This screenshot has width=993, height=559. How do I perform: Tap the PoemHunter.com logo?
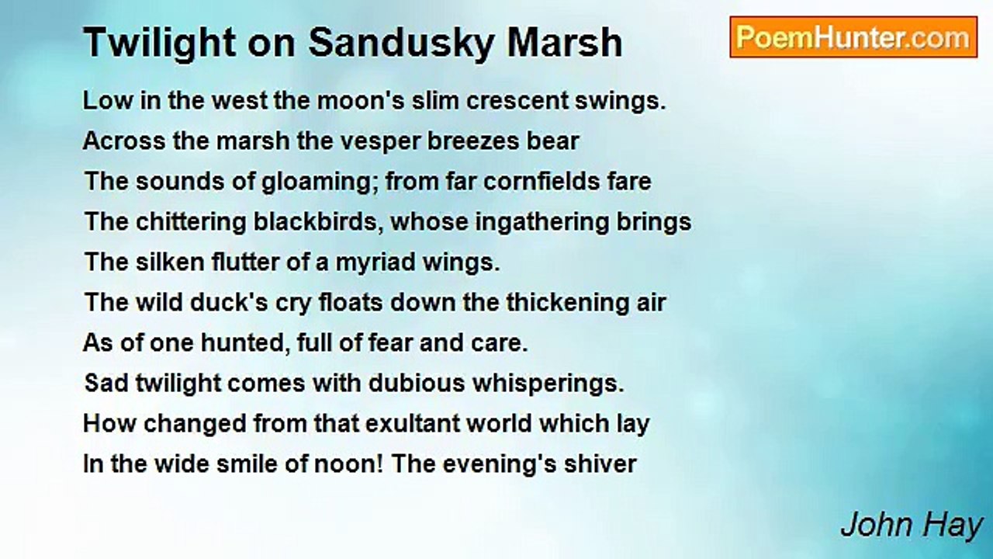(853, 37)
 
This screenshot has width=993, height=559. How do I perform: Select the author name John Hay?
(912, 526)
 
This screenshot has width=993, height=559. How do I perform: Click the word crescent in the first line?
(517, 101)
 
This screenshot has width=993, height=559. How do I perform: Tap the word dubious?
(417, 384)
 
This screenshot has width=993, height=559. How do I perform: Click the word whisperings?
(548, 384)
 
